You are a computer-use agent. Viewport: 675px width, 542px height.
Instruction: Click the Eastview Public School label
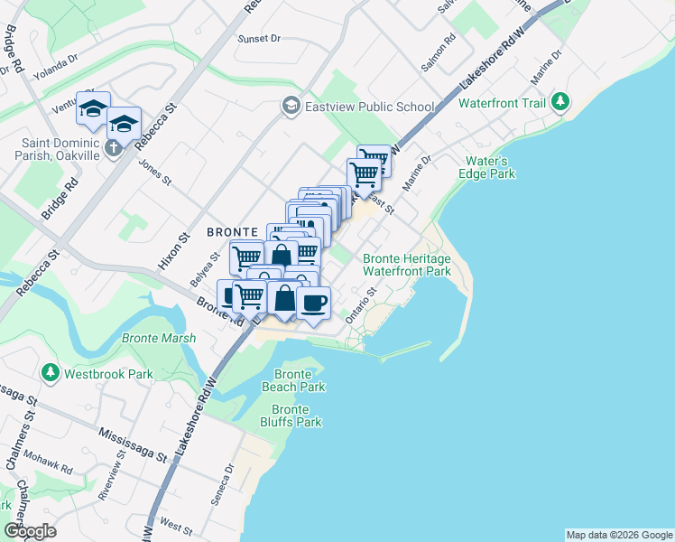click(369, 107)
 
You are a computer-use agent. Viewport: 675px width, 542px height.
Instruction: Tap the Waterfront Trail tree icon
click(560, 102)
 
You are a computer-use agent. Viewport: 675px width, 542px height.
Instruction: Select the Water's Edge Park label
click(489, 167)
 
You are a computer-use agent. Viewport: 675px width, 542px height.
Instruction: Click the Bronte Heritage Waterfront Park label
click(406, 265)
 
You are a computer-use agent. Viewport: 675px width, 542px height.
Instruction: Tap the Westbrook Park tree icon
click(50, 372)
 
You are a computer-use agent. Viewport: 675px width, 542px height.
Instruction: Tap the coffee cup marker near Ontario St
click(314, 303)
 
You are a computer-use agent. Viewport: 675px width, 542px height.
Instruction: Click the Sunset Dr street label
click(260, 39)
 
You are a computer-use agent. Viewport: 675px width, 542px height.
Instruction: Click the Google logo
click(30, 531)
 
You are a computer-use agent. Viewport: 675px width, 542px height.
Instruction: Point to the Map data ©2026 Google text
click(619, 535)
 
